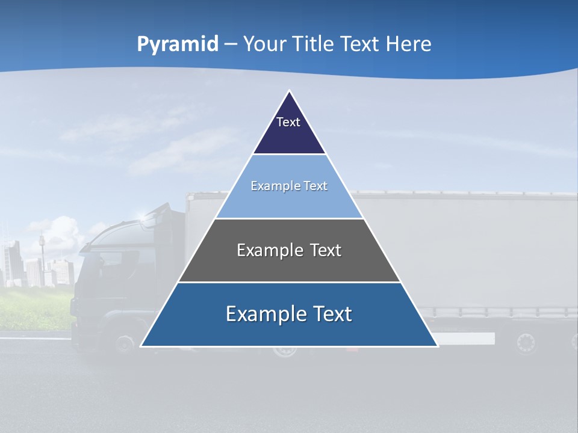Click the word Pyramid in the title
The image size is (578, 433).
(x=177, y=45)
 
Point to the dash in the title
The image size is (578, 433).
(x=231, y=45)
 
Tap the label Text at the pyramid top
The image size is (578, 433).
(x=288, y=122)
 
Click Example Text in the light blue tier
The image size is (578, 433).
(x=289, y=186)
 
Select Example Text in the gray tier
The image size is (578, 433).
(x=289, y=250)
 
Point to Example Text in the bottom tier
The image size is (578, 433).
(x=289, y=314)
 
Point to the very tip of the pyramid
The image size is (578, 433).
(x=289, y=91)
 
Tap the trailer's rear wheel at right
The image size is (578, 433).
(x=526, y=343)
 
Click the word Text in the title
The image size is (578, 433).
(x=359, y=45)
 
